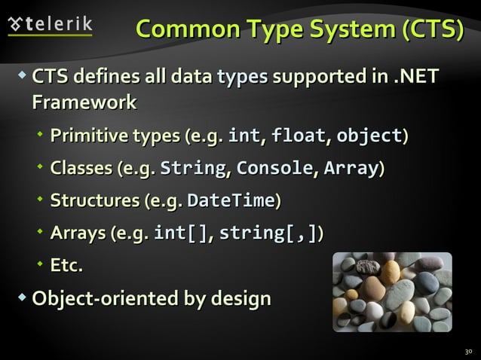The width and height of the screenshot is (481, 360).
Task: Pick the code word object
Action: [369, 136]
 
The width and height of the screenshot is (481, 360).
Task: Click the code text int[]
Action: [181, 233]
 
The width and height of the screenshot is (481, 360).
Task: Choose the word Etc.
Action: [66, 266]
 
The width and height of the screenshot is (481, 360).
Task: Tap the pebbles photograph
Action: [391, 292]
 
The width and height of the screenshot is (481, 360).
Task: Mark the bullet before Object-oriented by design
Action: [22, 298]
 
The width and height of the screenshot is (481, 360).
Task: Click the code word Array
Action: [351, 169]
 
